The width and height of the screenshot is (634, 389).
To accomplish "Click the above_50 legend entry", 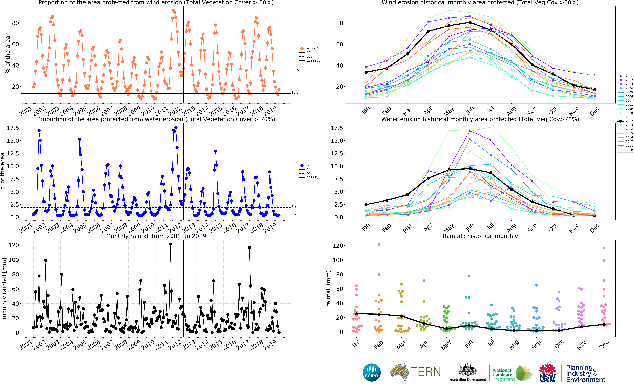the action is click(x=310, y=48).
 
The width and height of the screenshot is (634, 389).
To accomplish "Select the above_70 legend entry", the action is click(x=310, y=165).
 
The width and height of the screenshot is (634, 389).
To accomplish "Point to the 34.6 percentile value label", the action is click(x=295, y=70).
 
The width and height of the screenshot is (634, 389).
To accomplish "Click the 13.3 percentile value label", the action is click(x=295, y=92).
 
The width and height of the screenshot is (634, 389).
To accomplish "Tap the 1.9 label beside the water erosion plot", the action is click(x=294, y=206).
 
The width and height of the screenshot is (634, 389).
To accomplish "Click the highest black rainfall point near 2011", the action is click(x=170, y=244).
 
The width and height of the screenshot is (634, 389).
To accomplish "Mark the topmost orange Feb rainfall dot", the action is click(x=379, y=245).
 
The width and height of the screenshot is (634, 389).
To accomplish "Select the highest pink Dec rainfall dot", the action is click(x=604, y=248).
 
